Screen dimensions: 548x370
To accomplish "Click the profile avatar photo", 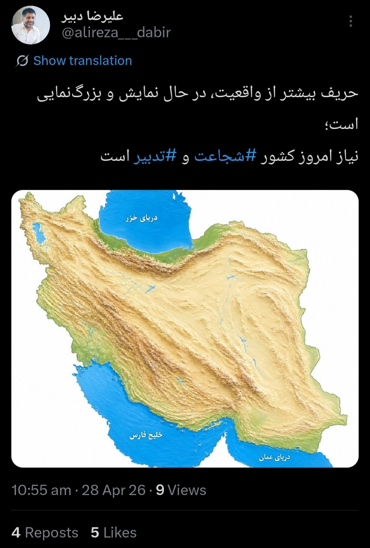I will [x=30, y=25].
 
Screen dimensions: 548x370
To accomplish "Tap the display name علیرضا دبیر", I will [x=92, y=16].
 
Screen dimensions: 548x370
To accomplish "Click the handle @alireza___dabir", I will [x=116, y=33].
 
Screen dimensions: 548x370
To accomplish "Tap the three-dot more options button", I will [x=350, y=21].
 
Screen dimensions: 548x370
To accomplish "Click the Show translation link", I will [x=83, y=61].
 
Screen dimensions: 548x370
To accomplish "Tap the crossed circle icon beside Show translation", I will [x=22, y=61].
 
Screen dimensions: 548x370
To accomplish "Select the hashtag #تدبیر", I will [x=155, y=156].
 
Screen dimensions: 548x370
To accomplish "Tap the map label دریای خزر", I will [x=141, y=218].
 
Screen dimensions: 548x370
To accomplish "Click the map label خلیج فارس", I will [x=146, y=435].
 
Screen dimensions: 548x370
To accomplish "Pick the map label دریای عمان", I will [x=274, y=457].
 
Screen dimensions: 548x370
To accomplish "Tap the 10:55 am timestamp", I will [x=41, y=490].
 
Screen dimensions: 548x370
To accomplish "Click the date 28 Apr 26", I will [x=113, y=490].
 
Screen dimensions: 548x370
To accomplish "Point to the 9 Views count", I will [x=181, y=490].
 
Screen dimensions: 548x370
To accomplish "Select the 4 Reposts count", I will [x=45, y=533].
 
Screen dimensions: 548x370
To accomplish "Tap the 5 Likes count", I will [x=114, y=533].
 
